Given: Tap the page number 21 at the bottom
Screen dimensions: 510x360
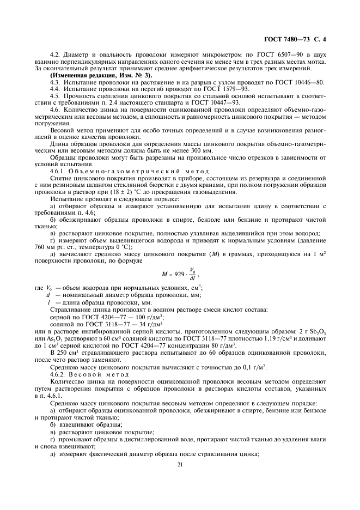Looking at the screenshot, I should click(x=180, y=464).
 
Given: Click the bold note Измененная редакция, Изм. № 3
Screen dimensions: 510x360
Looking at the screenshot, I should click(x=101, y=75).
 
